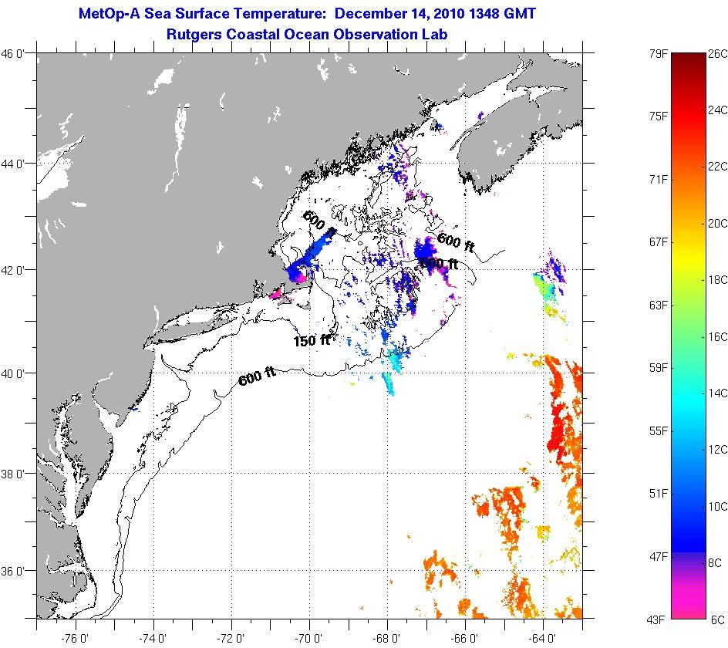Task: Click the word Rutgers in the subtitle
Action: [x=196, y=34]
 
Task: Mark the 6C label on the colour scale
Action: [x=716, y=619]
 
